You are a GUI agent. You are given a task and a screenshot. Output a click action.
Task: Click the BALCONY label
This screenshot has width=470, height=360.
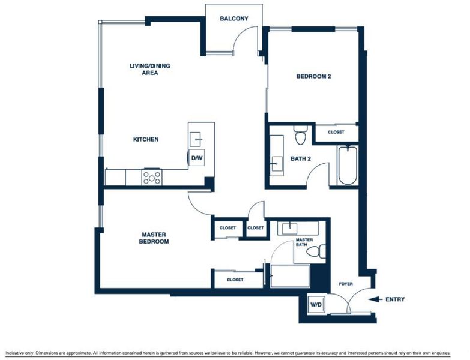point(234,19)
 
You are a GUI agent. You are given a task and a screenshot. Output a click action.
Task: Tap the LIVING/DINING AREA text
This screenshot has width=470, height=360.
point(150,69)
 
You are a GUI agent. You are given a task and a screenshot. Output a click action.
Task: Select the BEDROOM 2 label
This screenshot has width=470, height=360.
point(313,76)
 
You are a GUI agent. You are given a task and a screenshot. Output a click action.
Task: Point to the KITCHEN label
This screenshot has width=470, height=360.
point(146,139)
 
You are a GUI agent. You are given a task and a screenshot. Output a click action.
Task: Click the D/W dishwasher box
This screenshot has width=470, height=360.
point(197,158)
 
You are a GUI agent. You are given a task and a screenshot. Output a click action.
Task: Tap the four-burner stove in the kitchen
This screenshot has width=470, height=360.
point(152,178)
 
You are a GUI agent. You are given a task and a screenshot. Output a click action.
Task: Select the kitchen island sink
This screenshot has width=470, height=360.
point(196,139)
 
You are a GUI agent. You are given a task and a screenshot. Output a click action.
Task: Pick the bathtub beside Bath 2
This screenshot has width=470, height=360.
point(348,166)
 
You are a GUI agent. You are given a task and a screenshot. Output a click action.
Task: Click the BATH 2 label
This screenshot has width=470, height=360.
point(300,159)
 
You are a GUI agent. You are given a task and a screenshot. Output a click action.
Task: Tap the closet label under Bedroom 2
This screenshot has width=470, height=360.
point(336,132)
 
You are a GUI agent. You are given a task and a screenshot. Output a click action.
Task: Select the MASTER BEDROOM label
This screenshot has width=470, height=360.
point(154,238)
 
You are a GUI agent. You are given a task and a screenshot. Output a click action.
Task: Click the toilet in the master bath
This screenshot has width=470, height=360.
point(316,251)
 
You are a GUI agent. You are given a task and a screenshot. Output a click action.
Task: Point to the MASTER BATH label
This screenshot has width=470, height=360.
point(304,242)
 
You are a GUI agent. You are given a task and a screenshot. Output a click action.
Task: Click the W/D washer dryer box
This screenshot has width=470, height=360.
point(316,305)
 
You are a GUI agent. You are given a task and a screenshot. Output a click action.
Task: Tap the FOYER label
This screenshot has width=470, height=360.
point(346,284)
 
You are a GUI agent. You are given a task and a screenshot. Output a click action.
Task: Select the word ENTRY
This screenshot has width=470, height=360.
point(395,299)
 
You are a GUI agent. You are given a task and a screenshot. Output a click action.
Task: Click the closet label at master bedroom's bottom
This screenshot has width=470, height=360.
point(235,280)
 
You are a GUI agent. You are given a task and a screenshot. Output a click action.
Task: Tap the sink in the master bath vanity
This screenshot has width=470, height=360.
point(289,229)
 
